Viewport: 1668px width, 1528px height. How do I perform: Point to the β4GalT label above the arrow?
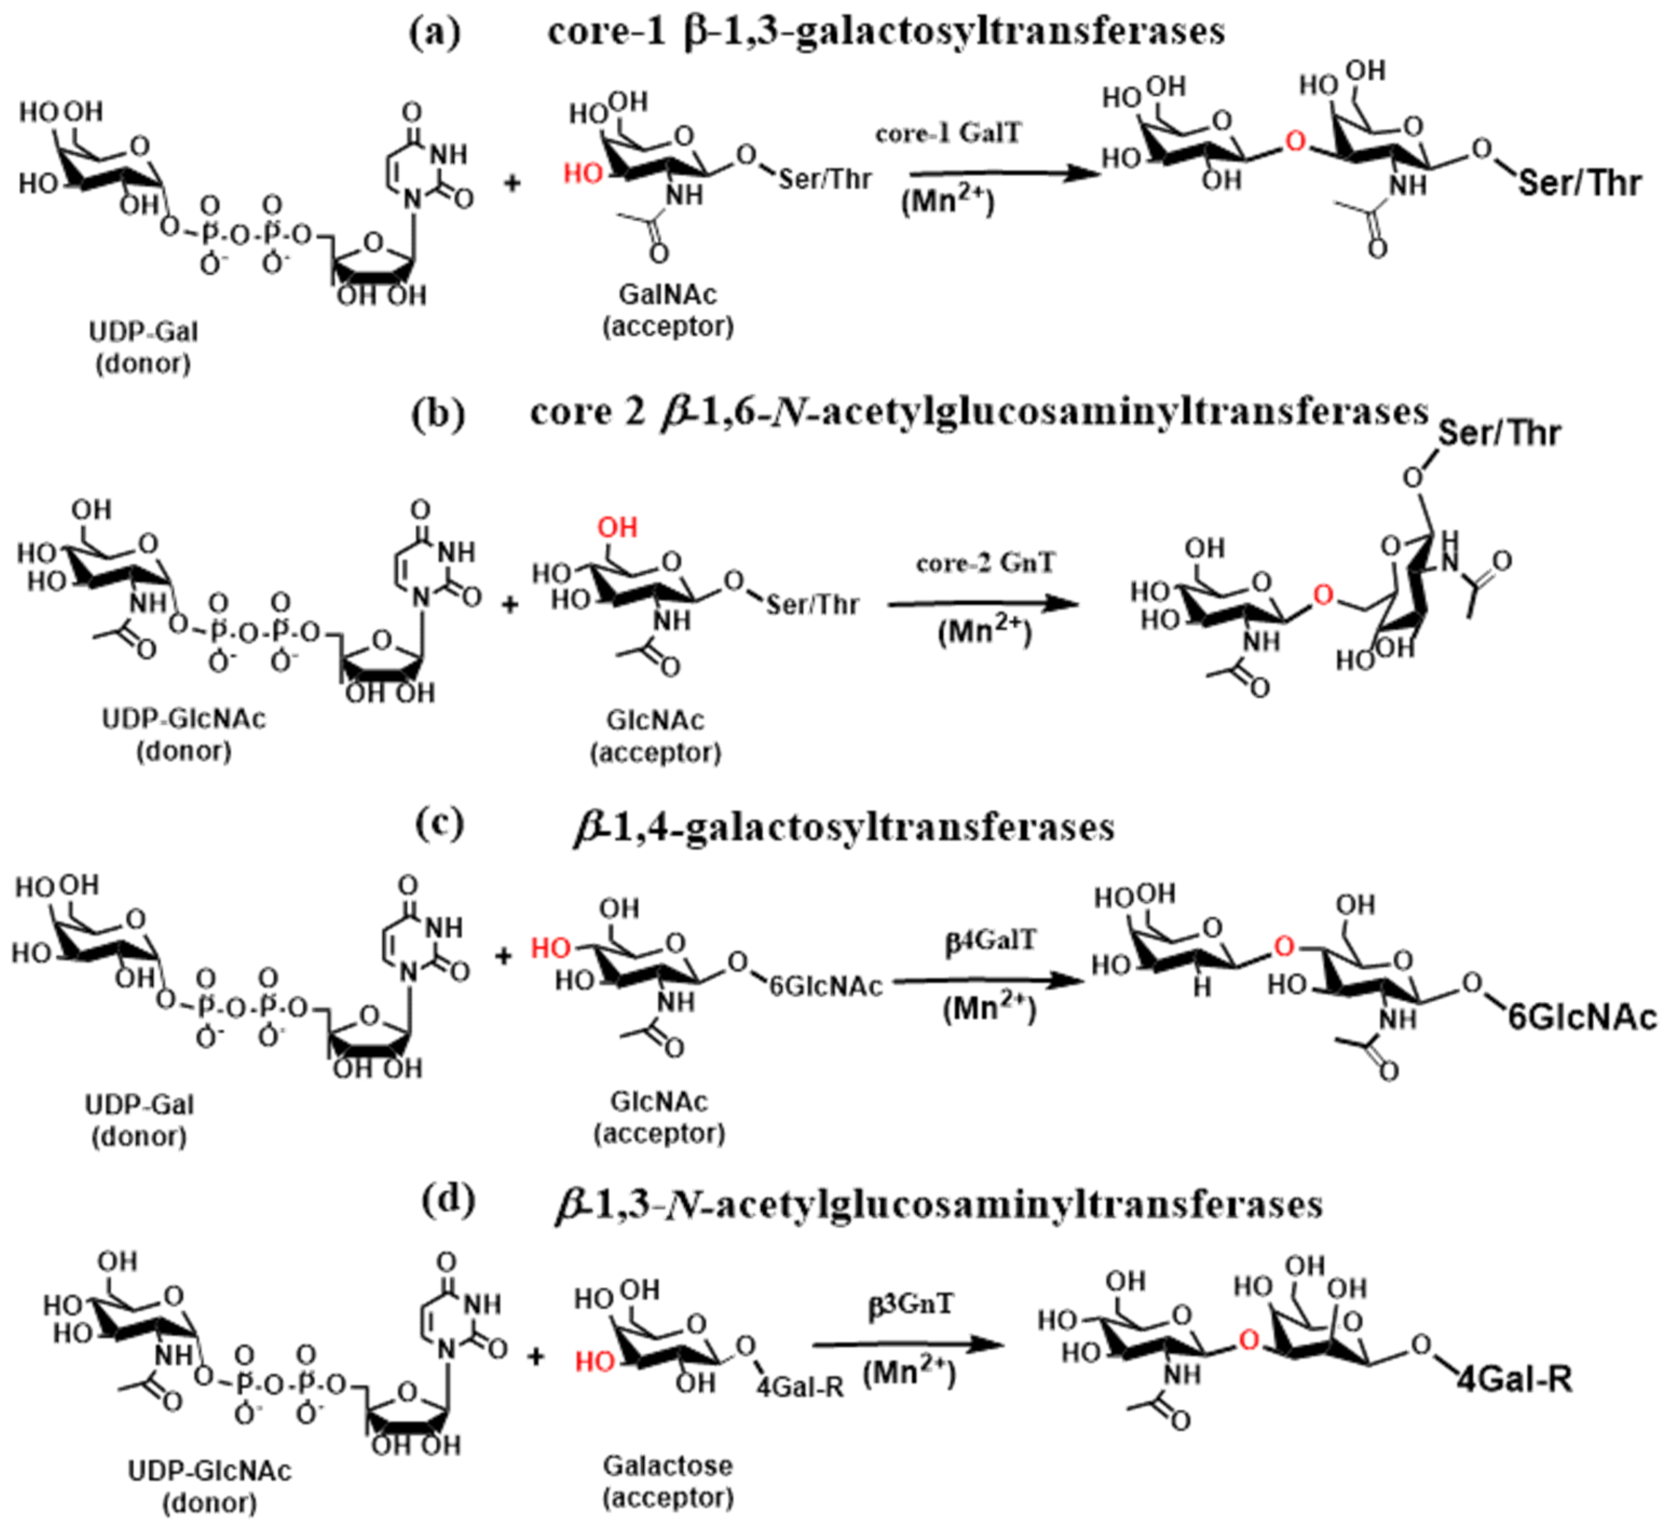click(990, 941)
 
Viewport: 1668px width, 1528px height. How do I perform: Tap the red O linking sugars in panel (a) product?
click(1296, 142)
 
